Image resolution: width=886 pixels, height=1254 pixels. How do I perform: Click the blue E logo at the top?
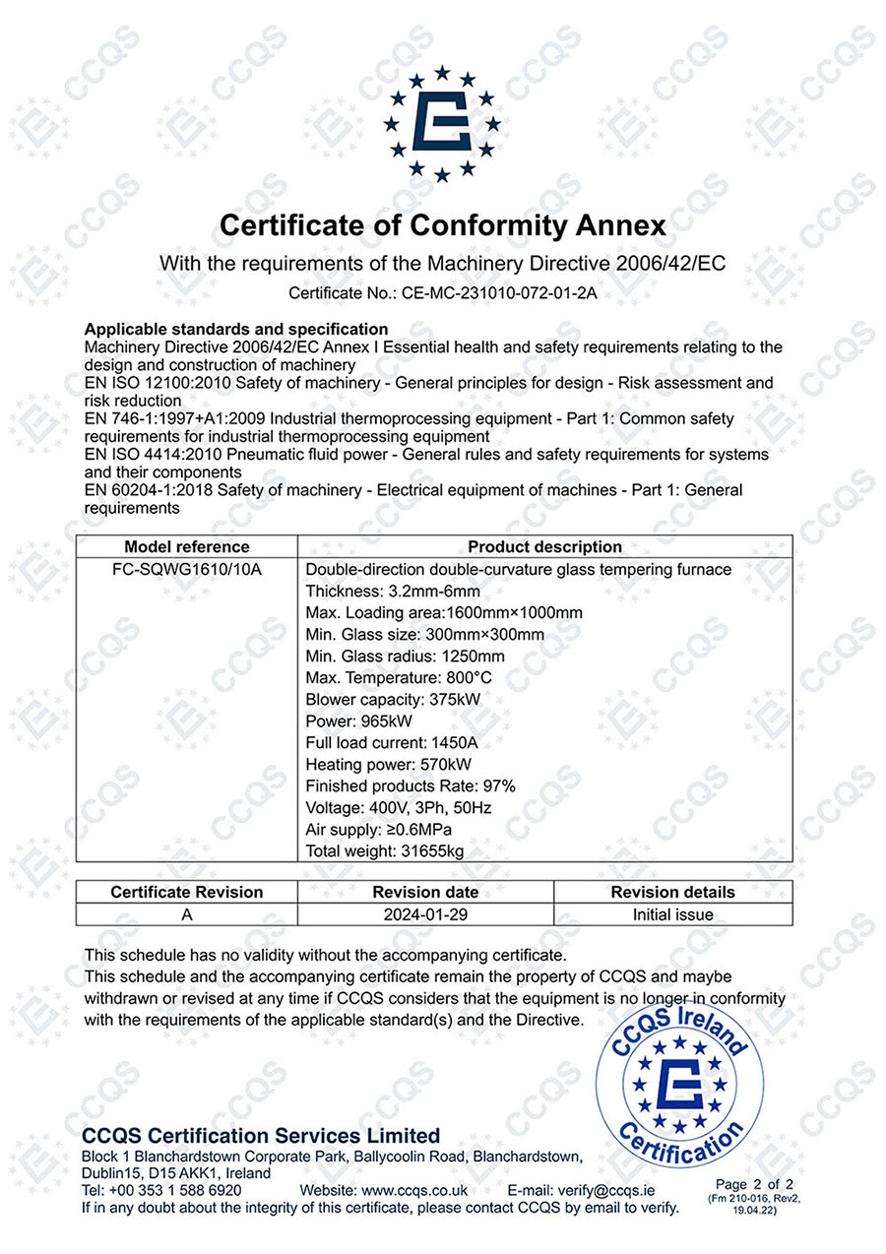coord(442,124)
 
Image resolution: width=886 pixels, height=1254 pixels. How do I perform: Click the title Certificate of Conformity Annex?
coord(442,225)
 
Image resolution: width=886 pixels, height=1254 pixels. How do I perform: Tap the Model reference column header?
coord(187,546)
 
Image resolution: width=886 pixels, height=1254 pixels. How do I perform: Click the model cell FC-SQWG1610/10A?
coord(187,570)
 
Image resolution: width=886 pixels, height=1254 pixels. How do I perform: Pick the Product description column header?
coord(544,546)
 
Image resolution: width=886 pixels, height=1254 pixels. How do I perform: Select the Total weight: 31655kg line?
coord(383,850)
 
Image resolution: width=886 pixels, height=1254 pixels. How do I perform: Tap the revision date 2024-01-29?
coord(425,914)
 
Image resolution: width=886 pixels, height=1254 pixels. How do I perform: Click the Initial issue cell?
coord(672,914)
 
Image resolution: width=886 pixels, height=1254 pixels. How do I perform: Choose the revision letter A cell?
coord(187,914)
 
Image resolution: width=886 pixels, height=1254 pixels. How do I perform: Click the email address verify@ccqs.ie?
coord(609,1190)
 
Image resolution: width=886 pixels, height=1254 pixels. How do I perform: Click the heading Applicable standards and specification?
coord(236,329)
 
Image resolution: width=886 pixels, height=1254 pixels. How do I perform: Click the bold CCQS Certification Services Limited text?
coord(261,1135)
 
